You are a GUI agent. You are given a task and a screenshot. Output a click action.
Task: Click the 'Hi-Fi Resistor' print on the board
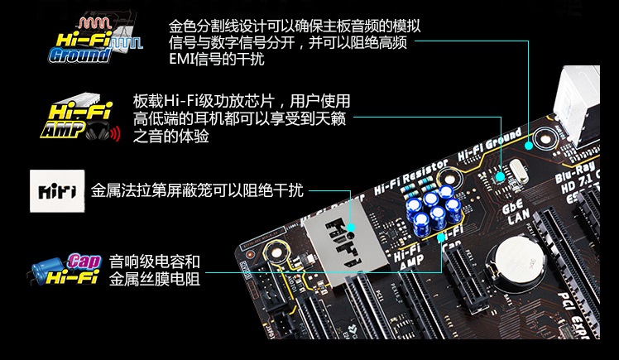click(x=412, y=172)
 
